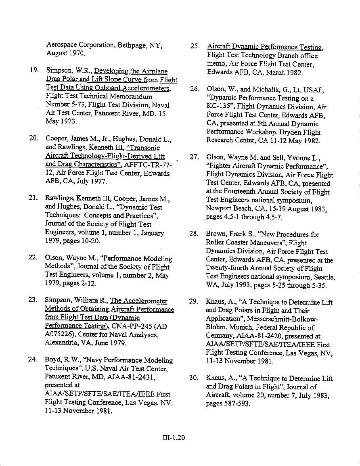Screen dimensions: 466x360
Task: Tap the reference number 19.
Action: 34,70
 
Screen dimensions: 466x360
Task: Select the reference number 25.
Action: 195,47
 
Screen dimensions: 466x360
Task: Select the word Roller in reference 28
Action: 216,242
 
